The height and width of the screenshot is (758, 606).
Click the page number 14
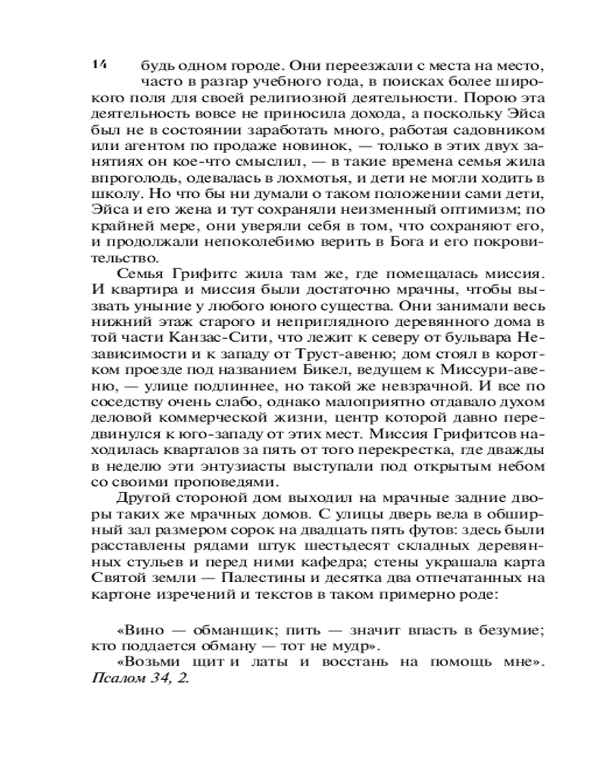click(98, 64)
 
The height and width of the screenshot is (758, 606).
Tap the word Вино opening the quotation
click(141, 628)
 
